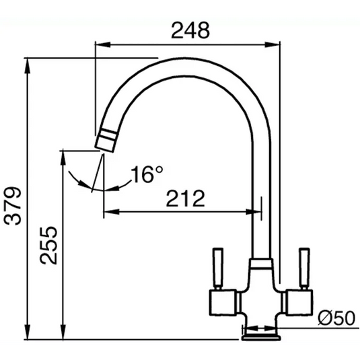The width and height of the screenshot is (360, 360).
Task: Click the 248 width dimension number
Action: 190,30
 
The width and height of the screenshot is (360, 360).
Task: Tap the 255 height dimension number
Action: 50,243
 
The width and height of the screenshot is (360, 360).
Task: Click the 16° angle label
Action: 147,176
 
